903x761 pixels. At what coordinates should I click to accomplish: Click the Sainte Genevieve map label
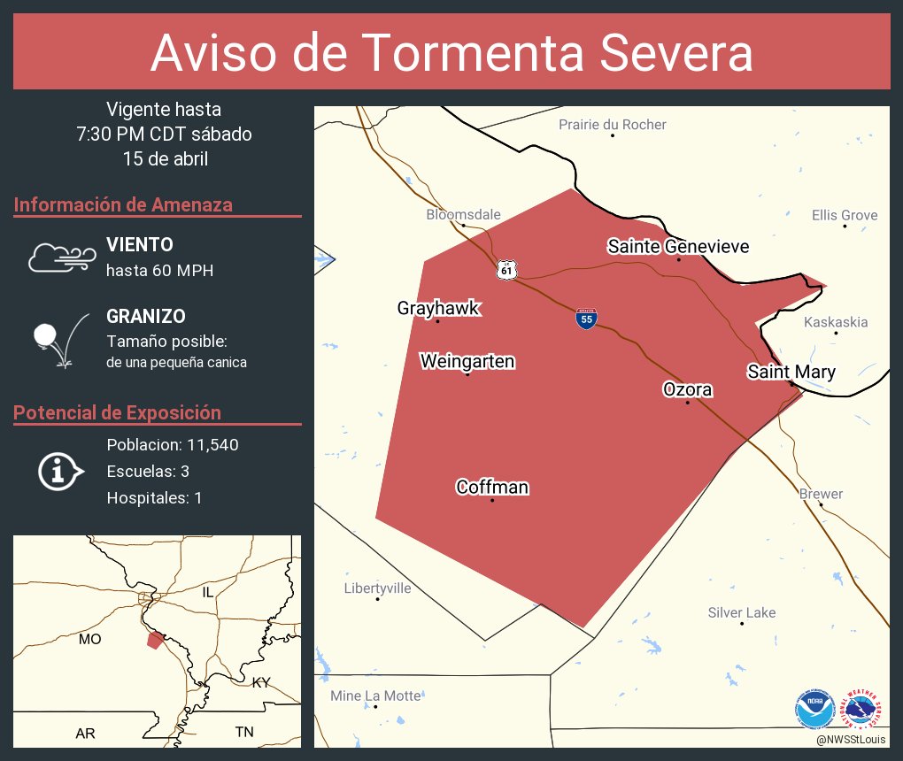[678, 247]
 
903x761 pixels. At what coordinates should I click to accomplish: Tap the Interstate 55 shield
[586, 319]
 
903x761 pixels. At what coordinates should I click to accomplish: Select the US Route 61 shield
[505, 270]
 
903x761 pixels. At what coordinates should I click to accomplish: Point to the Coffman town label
[492, 487]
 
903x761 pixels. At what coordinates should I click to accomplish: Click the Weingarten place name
[467, 362]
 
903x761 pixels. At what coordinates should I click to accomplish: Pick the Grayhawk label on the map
[438, 308]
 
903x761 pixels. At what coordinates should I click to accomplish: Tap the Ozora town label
[688, 389]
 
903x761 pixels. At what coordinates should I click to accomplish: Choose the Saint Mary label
[791, 372]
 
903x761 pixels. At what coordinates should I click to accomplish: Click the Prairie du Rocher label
[613, 125]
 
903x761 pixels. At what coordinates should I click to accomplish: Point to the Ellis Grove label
[845, 215]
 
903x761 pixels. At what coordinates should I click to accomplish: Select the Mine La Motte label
[375, 696]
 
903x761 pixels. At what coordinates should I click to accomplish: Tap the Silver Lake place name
[742, 612]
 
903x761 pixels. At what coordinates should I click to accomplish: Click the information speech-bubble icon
[60, 472]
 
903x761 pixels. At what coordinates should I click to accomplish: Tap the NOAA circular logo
[814, 709]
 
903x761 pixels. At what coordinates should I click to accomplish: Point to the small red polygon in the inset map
[155, 640]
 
